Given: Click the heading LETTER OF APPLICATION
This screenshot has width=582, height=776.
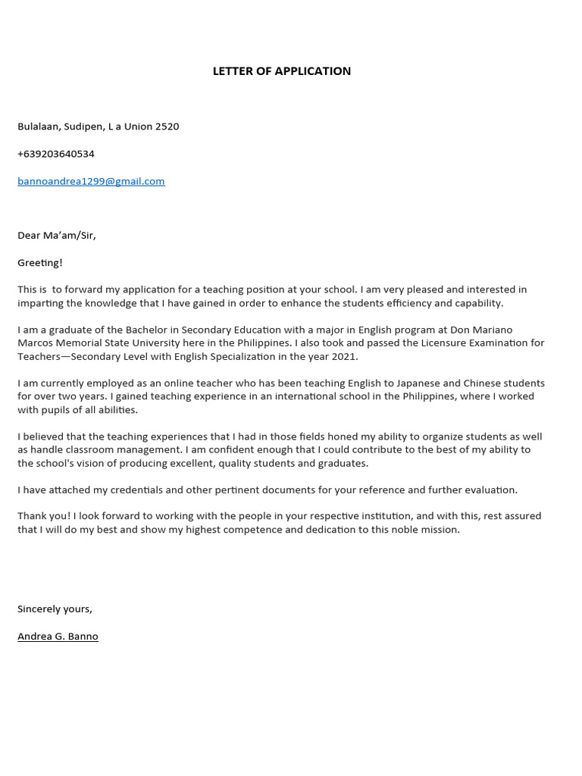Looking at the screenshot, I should click(x=281, y=71).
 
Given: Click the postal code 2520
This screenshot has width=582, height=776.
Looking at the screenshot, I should click(x=167, y=127).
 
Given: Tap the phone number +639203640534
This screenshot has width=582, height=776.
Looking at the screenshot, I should click(x=56, y=154).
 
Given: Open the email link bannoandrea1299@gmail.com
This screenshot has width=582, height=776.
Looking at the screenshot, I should click(x=91, y=181).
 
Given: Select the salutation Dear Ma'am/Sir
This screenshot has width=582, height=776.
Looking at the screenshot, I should click(x=57, y=235).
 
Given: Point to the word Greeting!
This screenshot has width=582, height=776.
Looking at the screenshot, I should click(x=40, y=262).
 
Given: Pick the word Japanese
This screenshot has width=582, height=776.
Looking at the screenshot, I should click(x=410, y=383).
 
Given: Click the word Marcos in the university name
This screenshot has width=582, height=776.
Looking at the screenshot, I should click(x=35, y=343).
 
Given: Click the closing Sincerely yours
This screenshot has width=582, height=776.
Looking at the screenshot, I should click(x=55, y=609).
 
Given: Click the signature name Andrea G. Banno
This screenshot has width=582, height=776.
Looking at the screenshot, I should click(x=58, y=637).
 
